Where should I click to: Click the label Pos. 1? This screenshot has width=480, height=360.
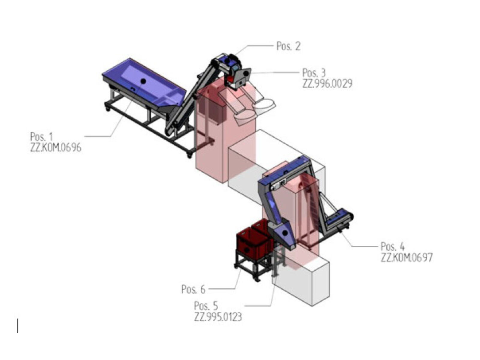pos(41,137)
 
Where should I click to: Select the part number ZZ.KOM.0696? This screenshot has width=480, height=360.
pos(55,148)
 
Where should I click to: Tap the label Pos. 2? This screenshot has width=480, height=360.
pos(288,46)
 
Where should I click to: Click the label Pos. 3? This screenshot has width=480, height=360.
pos(314,73)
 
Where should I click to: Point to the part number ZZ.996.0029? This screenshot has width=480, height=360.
pos(327,83)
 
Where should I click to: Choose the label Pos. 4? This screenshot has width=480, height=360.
pos(392,247)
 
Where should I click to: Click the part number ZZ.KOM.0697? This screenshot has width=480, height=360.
pos(406,257)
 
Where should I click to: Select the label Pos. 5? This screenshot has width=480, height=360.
pos(206,306)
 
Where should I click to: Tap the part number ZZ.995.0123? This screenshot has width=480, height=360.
pos(218,317)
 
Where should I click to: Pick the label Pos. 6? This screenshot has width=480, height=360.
pos(193,289)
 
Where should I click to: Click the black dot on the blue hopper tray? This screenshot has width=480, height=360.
pos(143,81)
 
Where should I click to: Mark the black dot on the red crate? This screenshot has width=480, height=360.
pos(246,249)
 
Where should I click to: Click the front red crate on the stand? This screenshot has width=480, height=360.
pos(250,244)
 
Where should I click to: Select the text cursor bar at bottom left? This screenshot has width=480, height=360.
pos(18,325)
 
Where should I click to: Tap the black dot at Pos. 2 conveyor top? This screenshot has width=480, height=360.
pos(228,61)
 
